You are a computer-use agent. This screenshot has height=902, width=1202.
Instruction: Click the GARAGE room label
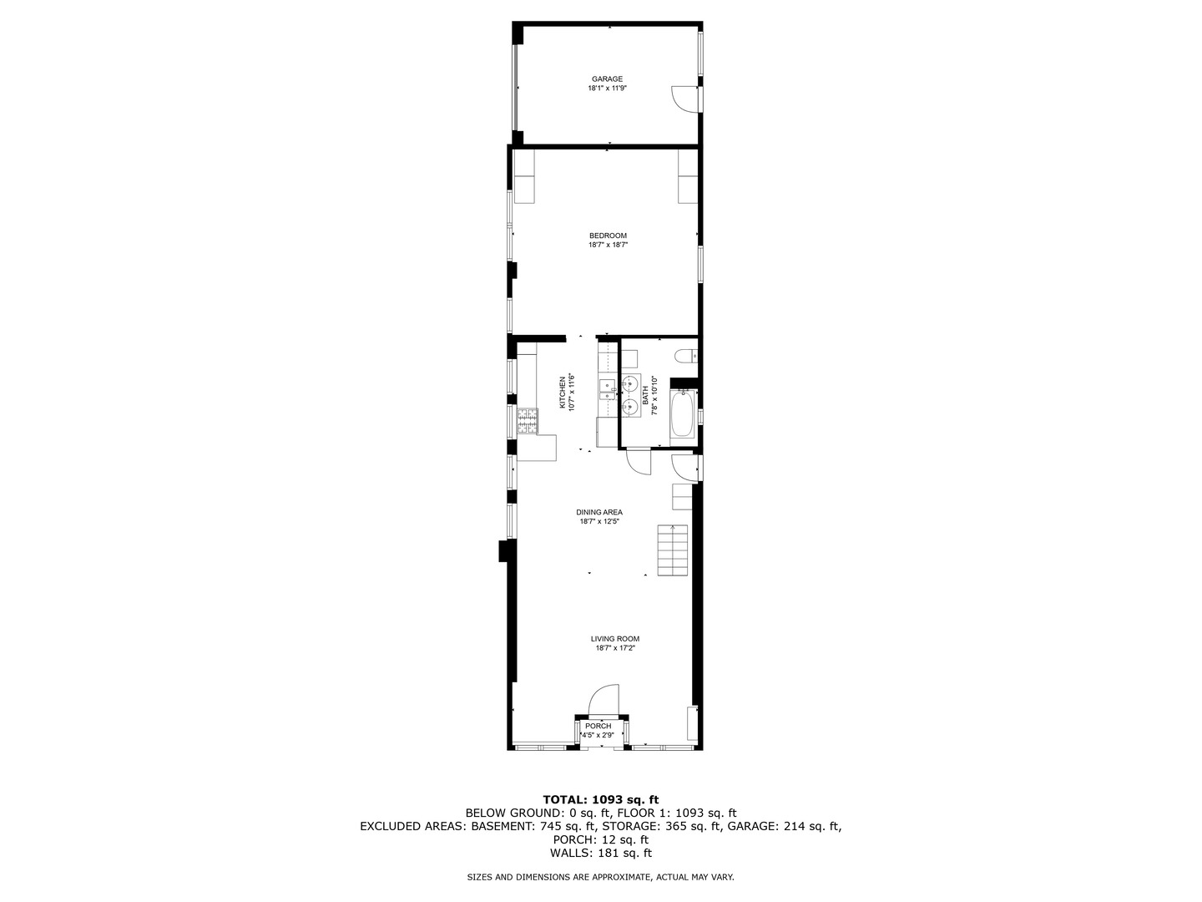click(607, 79)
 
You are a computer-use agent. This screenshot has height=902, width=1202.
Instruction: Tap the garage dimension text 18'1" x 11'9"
click(607, 88)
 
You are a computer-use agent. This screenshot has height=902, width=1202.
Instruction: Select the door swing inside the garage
click(684, 98)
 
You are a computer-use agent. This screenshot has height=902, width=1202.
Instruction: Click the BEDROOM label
click(607, 236)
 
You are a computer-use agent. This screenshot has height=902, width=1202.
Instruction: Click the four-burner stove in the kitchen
click(528, 420)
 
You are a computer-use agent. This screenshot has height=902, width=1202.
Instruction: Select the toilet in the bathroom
click(686, 357)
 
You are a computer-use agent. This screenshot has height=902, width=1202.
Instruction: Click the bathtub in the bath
click(682, 415)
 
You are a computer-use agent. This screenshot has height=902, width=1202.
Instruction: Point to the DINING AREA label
click(598, 512)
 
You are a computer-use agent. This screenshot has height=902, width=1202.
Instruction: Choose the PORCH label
click(598, 726)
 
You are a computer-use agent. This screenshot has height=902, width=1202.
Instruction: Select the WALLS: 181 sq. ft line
click(600, 853)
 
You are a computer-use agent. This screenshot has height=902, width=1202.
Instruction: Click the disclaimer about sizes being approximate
click(600, 877)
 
